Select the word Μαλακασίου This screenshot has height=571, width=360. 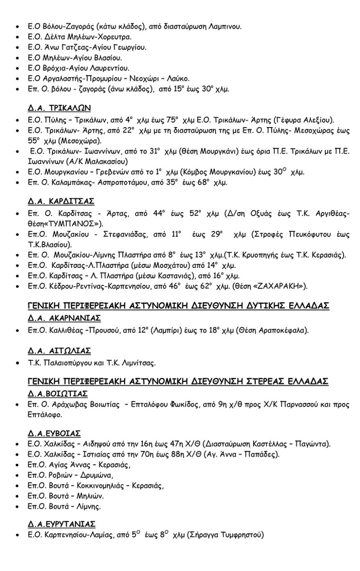pyautogui.click(x=105, y=161)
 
